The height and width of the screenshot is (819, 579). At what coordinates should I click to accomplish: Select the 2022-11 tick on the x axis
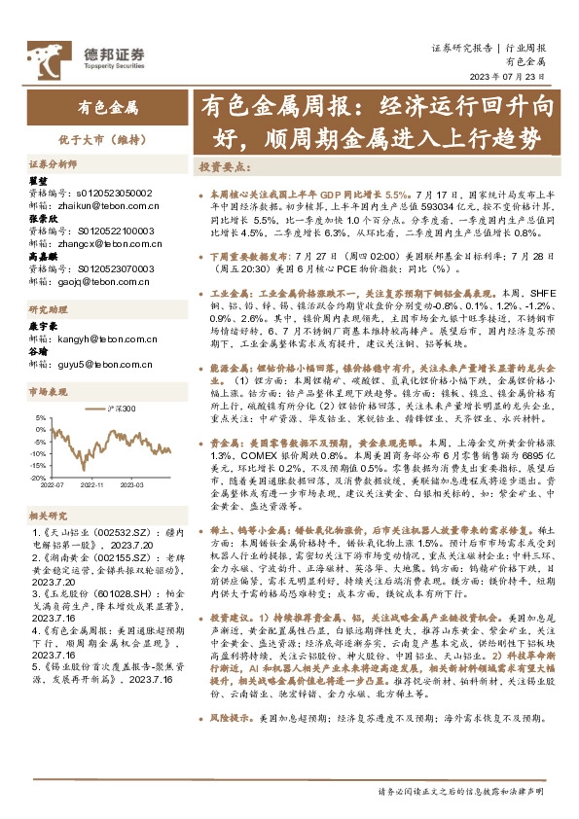[95, 483]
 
